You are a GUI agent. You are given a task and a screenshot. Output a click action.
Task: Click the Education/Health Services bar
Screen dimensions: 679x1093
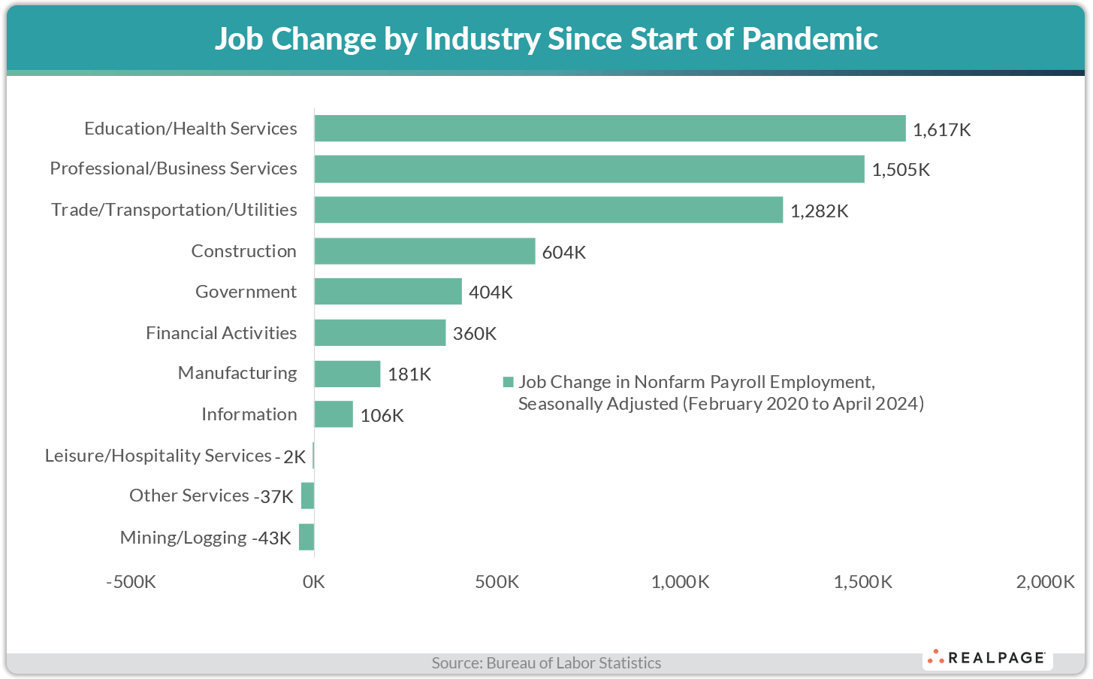[x=609, y=129]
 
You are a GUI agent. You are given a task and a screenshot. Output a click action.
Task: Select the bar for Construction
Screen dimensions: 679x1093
[x=424, y=251]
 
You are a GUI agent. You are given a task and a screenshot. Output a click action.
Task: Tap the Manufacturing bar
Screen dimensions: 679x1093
[x=347, y=374]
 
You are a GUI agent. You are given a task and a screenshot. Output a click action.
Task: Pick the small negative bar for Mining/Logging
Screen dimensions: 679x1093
[x=306, y=537]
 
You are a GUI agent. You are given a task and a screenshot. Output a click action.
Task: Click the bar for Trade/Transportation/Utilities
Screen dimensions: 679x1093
[x=548, y=210]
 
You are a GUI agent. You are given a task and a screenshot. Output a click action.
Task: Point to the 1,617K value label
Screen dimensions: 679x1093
[x=941, y=130]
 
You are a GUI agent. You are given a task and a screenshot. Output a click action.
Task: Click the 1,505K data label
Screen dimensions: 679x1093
[x=901, y=170]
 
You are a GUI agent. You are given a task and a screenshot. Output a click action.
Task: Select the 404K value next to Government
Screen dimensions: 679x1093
[x=491, y=293]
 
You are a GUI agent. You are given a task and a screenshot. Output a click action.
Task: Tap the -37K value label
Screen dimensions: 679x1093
[x=273, y=497]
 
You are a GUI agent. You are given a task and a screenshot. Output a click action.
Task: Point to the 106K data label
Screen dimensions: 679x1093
[x=382, y=416]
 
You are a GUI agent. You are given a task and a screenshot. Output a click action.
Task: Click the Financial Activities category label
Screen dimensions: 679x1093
[x=221, y=333]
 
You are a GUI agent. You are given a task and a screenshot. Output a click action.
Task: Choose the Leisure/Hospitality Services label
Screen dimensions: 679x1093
[x=158, y=456]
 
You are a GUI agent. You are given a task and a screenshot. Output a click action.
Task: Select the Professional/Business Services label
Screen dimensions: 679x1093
[x=174, y=168]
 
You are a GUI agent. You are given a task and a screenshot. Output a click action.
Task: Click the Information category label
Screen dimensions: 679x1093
[x=249, y=414]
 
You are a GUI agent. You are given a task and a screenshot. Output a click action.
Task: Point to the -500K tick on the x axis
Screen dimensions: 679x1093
[x=131, y=582]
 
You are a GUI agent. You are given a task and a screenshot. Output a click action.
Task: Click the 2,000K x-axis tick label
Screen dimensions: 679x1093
[x=1045, y=582]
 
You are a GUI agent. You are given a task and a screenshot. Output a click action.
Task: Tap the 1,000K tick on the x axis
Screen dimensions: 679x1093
[x=680, y=582]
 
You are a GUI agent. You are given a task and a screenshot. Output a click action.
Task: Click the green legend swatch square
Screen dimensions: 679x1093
[x=508, y=383]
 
